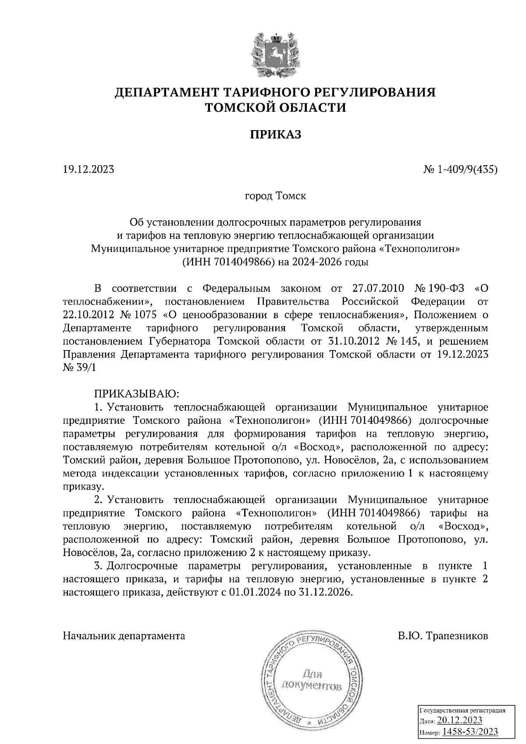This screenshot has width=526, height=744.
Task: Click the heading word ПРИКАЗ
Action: click(276, 135)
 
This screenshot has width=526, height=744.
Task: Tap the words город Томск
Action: click(275, 195)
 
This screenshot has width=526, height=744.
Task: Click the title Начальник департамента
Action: click(124, 635)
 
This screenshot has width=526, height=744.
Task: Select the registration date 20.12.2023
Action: click(460, 720)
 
